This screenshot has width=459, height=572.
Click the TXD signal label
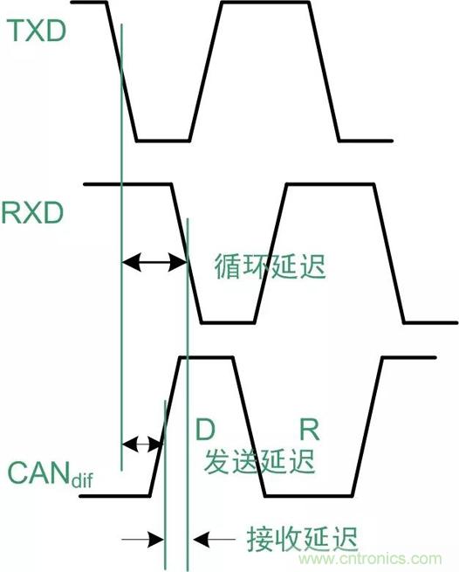(x=37, y=32)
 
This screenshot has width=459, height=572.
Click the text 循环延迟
(x=269, y=266)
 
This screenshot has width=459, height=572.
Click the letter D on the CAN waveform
(x=203, y=429)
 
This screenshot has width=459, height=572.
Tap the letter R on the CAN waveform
(x=309, y=429)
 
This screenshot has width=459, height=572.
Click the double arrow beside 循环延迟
(x=154, y=259)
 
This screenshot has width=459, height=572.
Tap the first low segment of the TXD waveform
(x=162, y=140)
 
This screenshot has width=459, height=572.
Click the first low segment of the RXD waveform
(x=226, y=322)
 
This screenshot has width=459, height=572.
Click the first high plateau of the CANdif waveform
(x=206, y=357)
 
